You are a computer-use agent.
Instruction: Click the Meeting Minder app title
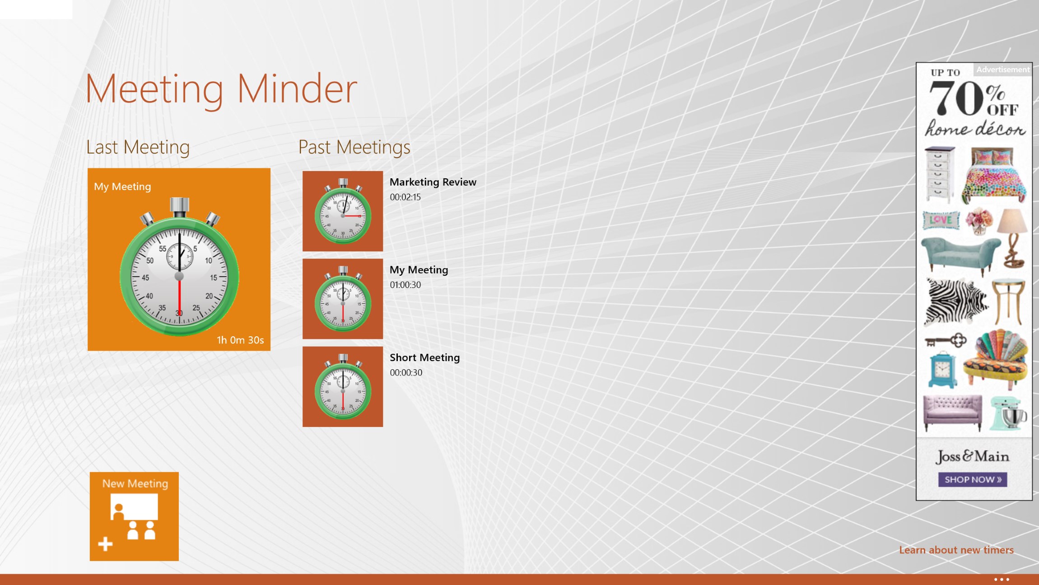pos(221,89)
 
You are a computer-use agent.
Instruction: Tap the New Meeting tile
pos(134,516)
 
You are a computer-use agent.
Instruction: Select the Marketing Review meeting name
pos(433,182)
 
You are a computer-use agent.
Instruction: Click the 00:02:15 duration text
pos(405,197)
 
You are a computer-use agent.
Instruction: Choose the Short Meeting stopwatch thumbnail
pos(343,387)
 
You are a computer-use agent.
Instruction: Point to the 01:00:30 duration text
pos(405,285)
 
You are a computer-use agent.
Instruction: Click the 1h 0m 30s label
pos(240,340)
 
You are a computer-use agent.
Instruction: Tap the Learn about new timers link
pos(956,550)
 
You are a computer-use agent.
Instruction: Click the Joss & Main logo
pos(973,456)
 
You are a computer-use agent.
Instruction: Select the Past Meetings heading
pos(354,147)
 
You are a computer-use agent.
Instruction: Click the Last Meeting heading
pos(138,147)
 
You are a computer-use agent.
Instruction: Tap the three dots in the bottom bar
pos(1002,579)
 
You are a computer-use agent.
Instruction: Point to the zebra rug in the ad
pos(955,301)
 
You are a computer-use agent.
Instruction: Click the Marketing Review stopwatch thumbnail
pos(343,211)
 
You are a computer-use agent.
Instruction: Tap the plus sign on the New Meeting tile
pos(105,544)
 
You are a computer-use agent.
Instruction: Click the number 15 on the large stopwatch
pos(214,278)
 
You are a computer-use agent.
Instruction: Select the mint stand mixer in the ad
pos(1008,413)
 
